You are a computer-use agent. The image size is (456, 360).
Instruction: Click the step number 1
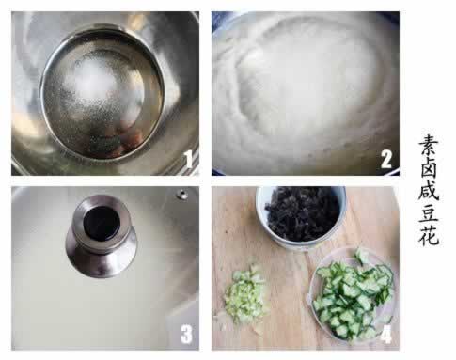coord(188,159)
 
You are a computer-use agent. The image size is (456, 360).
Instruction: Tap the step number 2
coord(385,159)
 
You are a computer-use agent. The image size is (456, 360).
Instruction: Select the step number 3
coord(186,334)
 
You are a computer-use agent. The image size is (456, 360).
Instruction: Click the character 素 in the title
coord(429,146)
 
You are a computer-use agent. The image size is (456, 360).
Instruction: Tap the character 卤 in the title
coord(429,168)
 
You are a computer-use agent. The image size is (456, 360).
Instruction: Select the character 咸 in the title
coord(429,190)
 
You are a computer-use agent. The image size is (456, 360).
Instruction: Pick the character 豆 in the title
coord(429,212)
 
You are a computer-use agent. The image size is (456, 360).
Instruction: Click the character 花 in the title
coord(429,235)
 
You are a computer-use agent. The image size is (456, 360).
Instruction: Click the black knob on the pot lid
coord(102,223)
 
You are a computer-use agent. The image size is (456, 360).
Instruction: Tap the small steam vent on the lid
coord(181,195)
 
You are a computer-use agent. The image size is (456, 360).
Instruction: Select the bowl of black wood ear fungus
coord(302,218)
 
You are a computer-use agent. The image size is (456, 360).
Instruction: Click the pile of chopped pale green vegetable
coord(245,295)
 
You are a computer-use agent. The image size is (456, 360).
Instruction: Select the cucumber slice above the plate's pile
coord(362,256)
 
